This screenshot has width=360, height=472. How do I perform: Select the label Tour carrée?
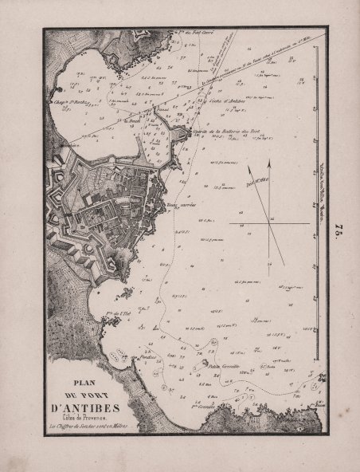pyautogui.click(x=182, y=203)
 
